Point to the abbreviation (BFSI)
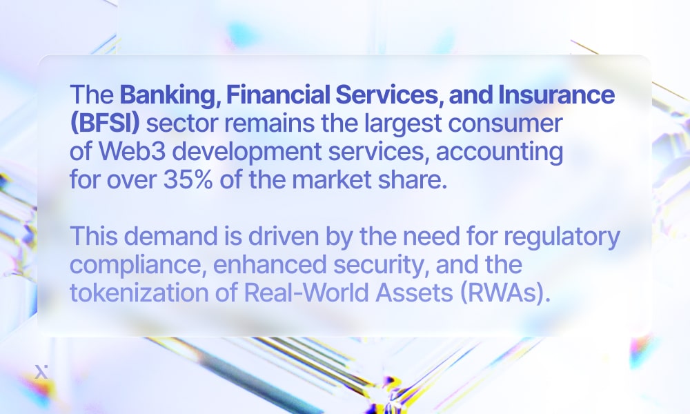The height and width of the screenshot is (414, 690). point(105,124)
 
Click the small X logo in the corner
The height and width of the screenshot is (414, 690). point(39,372)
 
